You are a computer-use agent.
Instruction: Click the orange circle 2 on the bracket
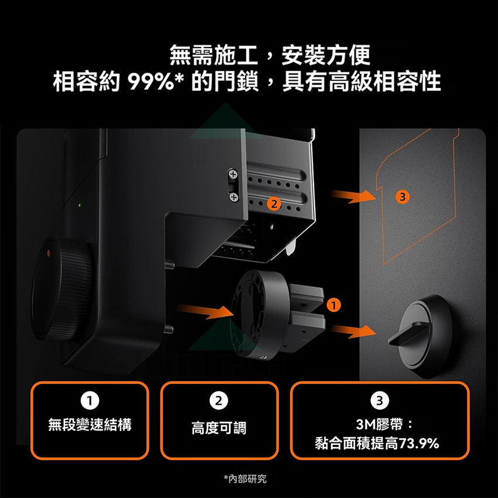click(274, 204)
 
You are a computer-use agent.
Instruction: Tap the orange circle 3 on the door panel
click(403, 197)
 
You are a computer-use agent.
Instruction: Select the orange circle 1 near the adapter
click(333, 305)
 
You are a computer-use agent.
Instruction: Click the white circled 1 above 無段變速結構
click(90, 401)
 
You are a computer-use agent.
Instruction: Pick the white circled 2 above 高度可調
click(219, 401)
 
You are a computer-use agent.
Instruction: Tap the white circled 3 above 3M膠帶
click(380, 401)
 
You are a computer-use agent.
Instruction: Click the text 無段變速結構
click(90, 424)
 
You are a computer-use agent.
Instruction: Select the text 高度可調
click(219, 428)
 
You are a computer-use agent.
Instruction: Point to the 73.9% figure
click(419, 443)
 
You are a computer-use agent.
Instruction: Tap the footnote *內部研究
click(245, 479)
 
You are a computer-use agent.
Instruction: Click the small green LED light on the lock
click(80, 205)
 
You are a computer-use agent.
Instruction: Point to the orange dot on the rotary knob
click(48, 253)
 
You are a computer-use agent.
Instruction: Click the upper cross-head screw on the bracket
click(233, 174)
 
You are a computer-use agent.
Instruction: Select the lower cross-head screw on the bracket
click(233, 197)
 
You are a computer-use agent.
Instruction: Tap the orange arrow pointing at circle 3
click(353, 196)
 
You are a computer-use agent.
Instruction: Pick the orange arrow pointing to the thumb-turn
click(353, 331)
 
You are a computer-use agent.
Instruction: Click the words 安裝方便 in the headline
click(326, 55)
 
